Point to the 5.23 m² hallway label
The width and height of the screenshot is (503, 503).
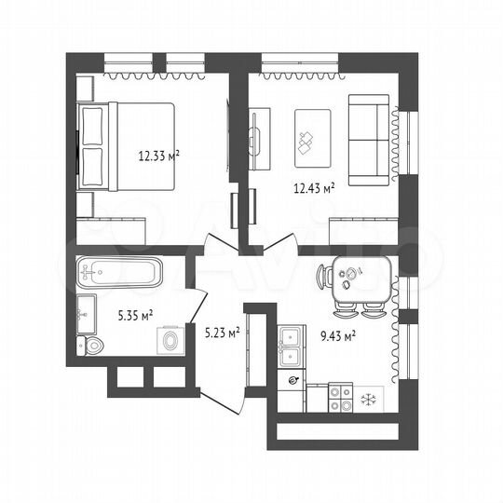click(222, 330)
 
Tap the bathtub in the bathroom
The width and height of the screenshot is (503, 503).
click(119, 274)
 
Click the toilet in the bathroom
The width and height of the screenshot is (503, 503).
click(94, 347)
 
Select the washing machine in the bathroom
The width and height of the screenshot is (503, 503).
click(170, 342)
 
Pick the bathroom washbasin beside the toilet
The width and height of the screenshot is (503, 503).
click(87, 311)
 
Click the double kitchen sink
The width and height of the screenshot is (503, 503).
click(290, 346)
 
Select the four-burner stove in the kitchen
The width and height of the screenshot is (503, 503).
click(341, 399)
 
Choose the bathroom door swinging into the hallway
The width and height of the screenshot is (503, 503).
click(200, 300)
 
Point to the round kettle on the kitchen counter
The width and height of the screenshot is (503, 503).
click(295, 380)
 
